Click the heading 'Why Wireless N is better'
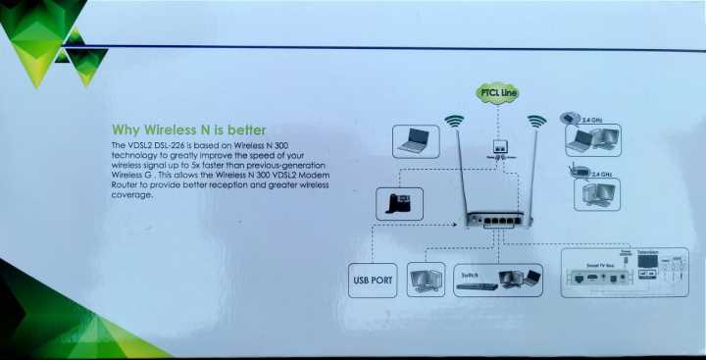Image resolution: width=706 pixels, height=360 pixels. [189, 129]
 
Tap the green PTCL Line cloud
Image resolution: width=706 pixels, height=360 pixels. [497, 93]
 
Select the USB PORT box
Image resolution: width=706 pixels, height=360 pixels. [373, 281]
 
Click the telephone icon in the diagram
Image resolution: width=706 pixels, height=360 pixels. [398, 204]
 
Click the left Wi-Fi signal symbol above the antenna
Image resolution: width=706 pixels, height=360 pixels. [453, 123]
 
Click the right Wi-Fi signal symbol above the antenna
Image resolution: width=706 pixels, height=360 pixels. [535, 123]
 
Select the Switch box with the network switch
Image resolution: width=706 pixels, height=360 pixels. [499, 280]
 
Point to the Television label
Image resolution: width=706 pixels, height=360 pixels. [648, 253]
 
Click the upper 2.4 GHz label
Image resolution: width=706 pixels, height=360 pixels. [593, 120]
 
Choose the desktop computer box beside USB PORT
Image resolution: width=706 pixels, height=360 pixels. [426, 280]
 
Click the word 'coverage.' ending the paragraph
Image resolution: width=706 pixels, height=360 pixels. [133, 193]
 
